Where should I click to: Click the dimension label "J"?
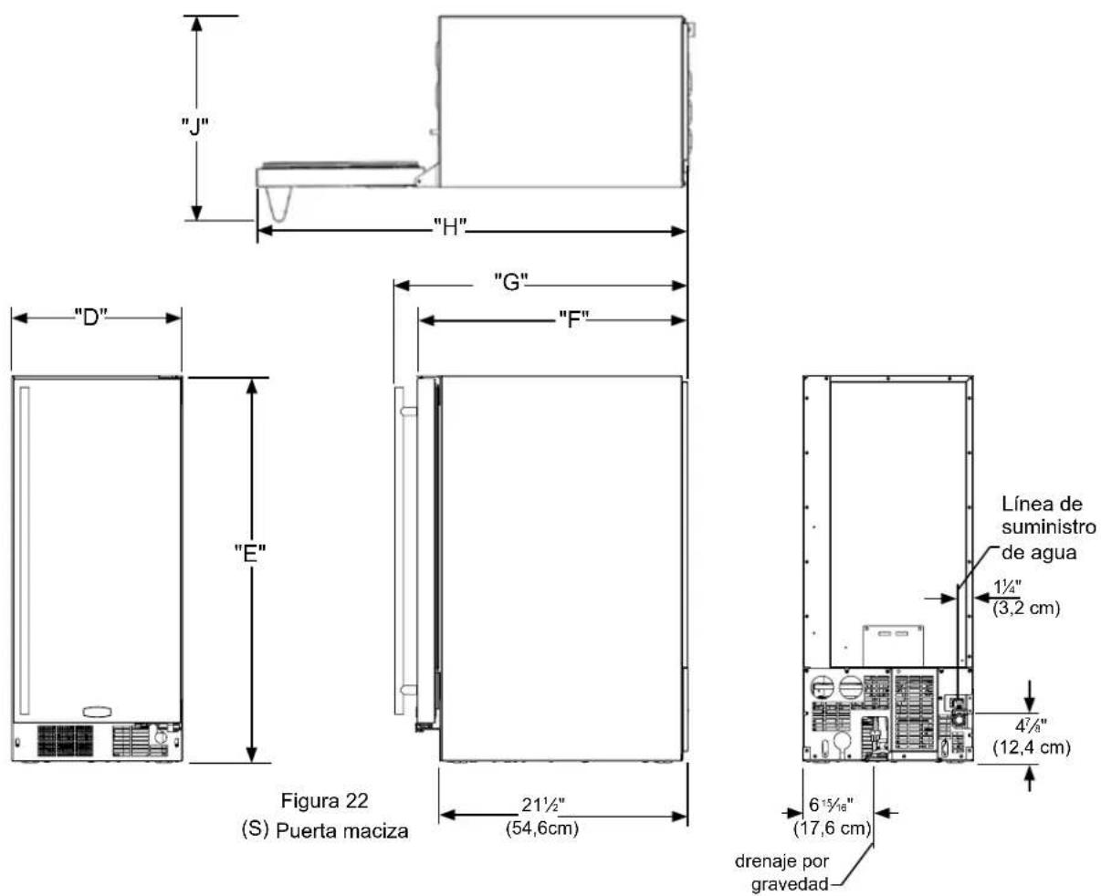[194, 126]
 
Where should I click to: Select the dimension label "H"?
[450, 226]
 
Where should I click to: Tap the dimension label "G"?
[510, 282]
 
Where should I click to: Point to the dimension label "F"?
[573, 318]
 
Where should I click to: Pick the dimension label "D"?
[90, 317]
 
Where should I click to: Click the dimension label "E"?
[250, 554]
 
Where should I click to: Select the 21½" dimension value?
[543, 804]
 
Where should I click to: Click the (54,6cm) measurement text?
[542, 828]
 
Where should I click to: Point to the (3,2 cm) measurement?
[1026, 608]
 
